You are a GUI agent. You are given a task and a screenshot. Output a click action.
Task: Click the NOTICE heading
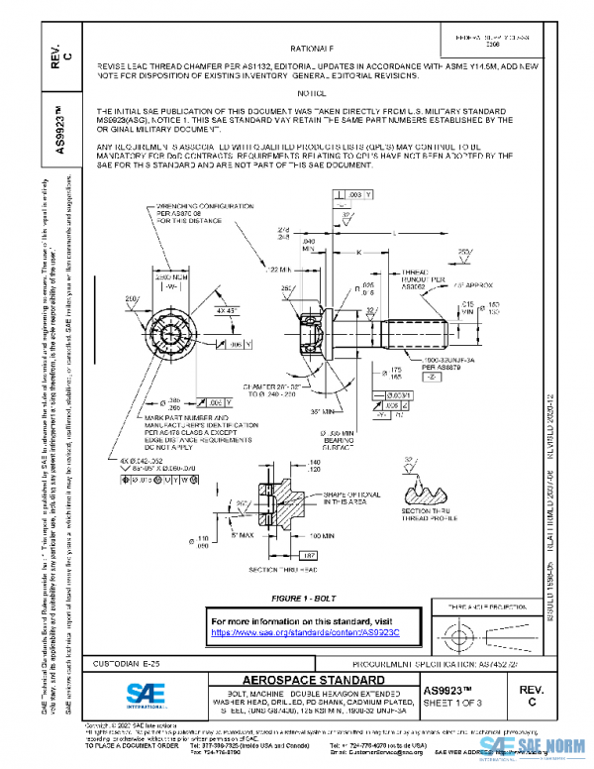coord(312,91)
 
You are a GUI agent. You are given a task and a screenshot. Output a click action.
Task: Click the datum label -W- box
coord(168,288)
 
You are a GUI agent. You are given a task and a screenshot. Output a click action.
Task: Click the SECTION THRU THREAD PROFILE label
coord(437,515)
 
